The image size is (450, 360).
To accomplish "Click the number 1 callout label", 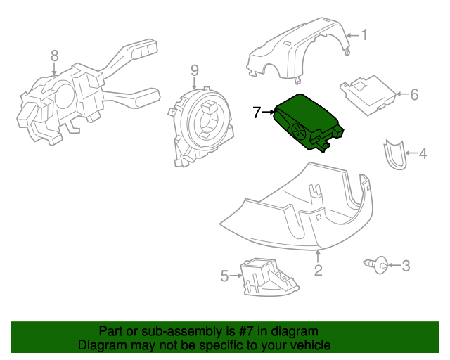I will coord(364,34).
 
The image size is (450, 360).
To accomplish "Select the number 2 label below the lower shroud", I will coord(318,269).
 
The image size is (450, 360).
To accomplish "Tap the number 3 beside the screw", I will coord(406,266).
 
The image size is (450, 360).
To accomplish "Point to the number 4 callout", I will coord(423,153).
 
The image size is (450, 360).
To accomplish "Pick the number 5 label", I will coord(225,276).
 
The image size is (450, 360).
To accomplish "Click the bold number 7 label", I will coord(257,112).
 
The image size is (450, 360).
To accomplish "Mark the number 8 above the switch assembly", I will coord(54,56).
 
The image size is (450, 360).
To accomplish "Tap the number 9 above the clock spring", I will coord(195,70).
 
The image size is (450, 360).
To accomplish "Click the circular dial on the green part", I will coord(297,130).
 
